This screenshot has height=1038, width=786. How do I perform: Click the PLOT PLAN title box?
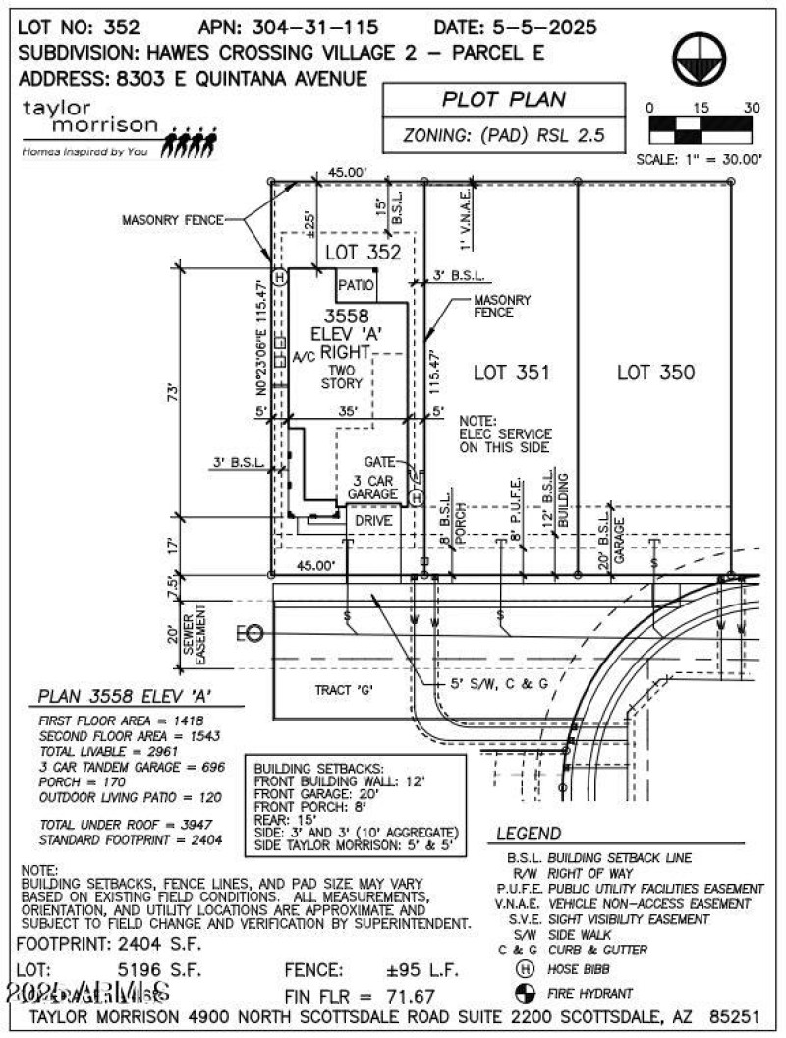504,99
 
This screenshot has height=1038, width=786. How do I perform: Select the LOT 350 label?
655,373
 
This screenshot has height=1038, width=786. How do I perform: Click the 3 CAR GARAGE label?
374,487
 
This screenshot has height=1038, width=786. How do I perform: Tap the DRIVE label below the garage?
373,520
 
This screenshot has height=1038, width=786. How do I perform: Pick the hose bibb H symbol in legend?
524,971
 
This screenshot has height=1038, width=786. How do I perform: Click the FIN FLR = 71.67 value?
360,995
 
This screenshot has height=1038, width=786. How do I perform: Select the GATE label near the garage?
378,461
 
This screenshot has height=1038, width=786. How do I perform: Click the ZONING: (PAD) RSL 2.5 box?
504,136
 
